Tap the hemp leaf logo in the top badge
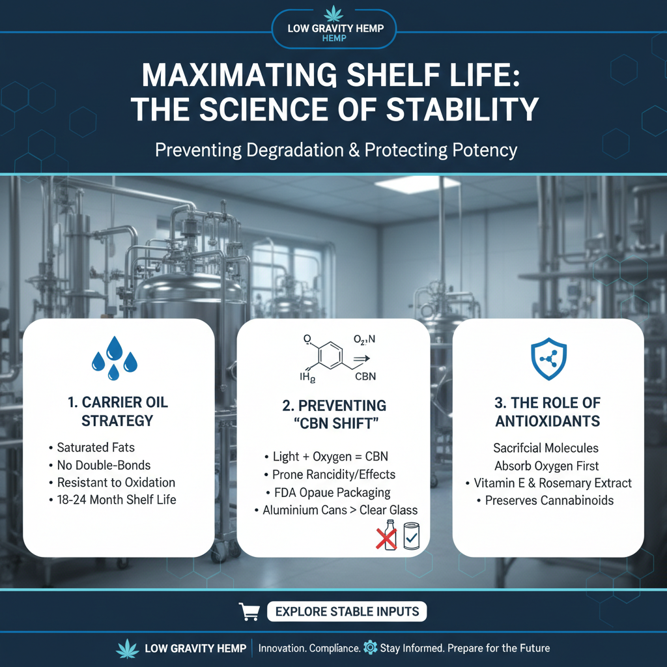[333, 13]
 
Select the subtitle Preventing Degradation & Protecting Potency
[335, 150]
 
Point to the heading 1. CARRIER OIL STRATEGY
[118, 412]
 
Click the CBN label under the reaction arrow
[365, 376]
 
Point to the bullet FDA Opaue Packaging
[331, 492]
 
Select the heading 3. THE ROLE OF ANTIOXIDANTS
[548, 412]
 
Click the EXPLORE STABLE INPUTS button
[347, 612]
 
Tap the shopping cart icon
[249, 612]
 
